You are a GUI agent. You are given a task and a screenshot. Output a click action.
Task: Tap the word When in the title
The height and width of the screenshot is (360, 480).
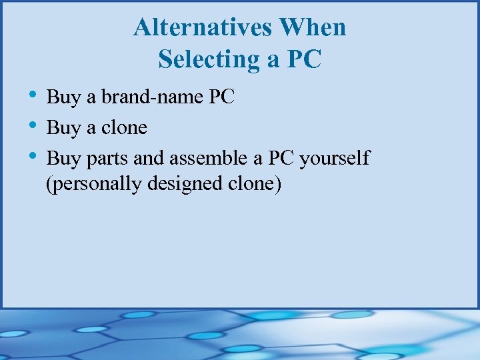click(x=313, y=28)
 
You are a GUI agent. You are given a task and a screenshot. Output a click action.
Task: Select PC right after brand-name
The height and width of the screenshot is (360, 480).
click(x=222, y=97)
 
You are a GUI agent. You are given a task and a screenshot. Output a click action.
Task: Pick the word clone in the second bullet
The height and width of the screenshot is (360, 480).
click(x=124, y=128)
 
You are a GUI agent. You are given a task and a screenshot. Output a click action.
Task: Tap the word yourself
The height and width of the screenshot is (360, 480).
click(x=335, y=159)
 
